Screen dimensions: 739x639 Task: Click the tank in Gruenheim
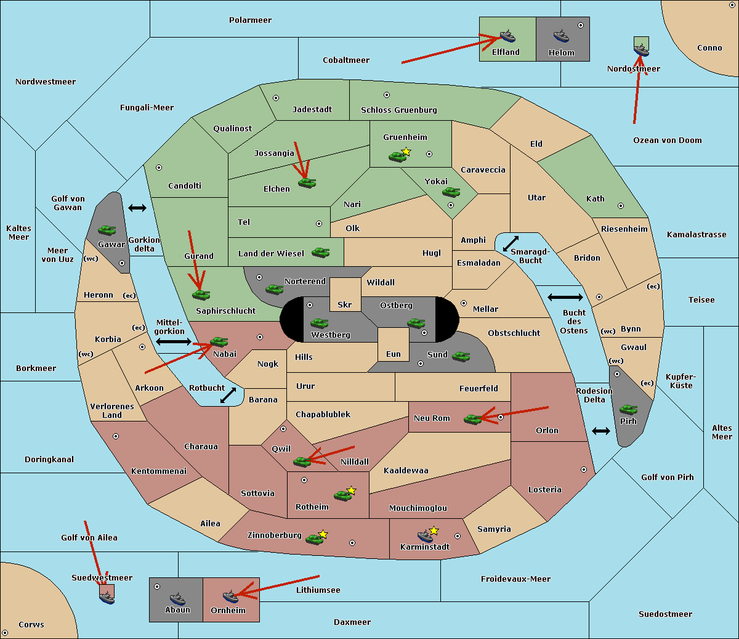click(x=397, y=157)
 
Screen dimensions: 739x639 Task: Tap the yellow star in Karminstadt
click(x=434, y=530)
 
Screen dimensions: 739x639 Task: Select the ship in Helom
click(x=561, y=36)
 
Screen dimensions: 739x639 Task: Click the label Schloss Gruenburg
click(x=398, y=110)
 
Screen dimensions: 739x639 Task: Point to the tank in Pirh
click(x=628, y=409)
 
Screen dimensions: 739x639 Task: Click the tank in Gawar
click(x=107, y=230)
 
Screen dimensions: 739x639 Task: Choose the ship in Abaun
click(x=177, y=598)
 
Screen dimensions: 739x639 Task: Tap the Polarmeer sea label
click(x=250, y=20)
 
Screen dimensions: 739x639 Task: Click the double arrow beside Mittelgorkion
click(x=174, y=341)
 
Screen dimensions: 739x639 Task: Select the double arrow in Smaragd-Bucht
click(x=511, y=243)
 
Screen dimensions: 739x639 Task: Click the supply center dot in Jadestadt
click(x=276, y=98)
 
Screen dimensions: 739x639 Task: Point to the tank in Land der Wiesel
click(x=320, y=253)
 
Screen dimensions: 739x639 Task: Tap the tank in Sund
click(x=461, y=357)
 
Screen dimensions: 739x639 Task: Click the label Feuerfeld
click(x=479, y=388)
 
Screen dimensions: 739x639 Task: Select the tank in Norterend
click(x=274, y=290)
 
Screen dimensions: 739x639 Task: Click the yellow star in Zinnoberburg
click(x=323, y=534)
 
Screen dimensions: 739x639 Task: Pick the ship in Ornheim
click(x=231, y=596)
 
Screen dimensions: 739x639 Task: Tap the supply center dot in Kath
click(x=621, y=206)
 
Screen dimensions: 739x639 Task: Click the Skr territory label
click(x=344, y=304)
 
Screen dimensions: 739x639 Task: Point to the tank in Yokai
click(x=451, y=192)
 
